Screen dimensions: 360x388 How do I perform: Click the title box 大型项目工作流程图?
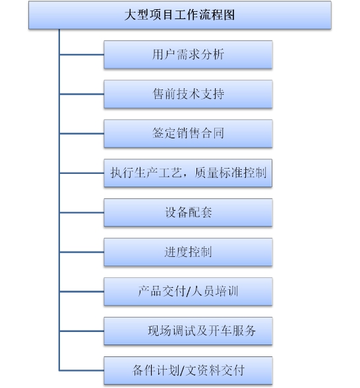click(180, 15)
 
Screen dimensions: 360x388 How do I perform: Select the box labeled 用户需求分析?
click(188, 55)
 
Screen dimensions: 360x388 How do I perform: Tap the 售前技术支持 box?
click(188, 94)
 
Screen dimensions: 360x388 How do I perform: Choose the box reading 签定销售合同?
click(188, 134)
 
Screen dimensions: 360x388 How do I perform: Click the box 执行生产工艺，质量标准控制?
click(188, 173)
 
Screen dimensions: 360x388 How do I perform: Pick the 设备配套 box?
click(188, 213)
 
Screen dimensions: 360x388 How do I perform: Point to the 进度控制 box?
click(188, 252)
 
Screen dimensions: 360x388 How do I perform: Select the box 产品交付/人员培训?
click(188, 292)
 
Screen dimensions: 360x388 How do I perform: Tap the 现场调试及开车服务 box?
click(188, 331)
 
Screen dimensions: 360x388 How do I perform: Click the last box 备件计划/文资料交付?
click(188, 371)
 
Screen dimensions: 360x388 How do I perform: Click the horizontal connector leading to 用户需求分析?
click(82, 55)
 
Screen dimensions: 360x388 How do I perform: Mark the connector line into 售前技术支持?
click(82, 94)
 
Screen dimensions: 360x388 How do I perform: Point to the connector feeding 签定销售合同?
click(82, 134)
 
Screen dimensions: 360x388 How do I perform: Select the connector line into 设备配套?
click(82, 213)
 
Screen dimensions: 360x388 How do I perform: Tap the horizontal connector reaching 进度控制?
click(82, 252)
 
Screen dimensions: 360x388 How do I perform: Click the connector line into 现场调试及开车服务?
click(82, 331)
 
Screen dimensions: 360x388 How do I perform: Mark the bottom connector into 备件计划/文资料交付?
click(82, 371)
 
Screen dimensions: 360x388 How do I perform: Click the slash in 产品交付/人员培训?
click(188, 292)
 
